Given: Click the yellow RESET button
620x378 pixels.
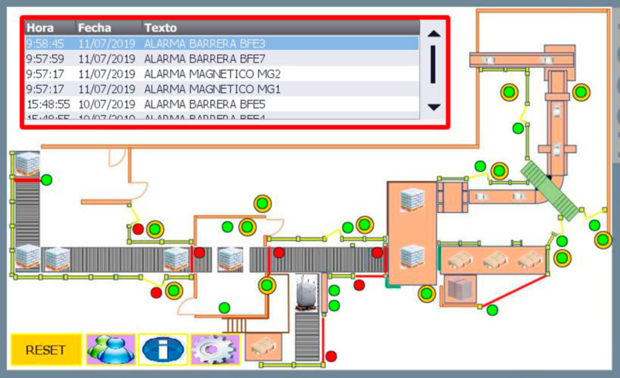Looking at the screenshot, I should pos(45,350).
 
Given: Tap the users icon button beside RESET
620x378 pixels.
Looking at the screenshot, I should pos(111,350).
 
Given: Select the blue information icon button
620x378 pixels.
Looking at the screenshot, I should pos(163,350).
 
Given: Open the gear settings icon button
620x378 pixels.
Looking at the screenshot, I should pos(215,350).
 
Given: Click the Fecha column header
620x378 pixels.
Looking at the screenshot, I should pos(94,28).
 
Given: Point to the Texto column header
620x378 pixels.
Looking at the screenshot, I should pos(160,28).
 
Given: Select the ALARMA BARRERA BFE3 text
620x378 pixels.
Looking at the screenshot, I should pos(205,43).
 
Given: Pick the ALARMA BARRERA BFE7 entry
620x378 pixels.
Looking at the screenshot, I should pos(205,58).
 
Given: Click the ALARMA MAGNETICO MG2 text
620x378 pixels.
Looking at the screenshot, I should pos(212,74).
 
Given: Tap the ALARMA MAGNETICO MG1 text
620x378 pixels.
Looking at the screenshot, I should pos(212,89).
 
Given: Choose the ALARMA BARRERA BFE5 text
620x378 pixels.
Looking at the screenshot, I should pos(205,104).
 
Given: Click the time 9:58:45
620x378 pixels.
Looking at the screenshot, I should pos(45,43).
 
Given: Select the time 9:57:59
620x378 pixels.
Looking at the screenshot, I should pos(45,58).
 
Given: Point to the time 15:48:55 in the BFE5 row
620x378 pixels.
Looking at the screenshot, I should pos(48,104).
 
